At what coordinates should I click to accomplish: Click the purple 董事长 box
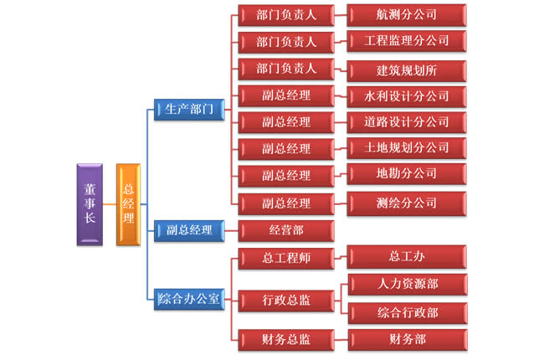coord(90,203)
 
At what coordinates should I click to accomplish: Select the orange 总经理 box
coord(128,203)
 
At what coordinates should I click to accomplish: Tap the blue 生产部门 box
coord(189,109)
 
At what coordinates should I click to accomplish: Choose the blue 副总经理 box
coord(189,229)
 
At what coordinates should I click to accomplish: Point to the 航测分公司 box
coord(407,14)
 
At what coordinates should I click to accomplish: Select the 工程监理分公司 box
coord(407,40)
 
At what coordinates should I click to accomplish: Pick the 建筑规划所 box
coord(407,69)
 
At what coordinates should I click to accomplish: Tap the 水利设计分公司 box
coord(407,95)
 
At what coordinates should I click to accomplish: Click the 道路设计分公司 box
coord(407,121)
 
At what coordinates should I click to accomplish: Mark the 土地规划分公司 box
coord(407,147)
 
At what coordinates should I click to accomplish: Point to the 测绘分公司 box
coord(407,202)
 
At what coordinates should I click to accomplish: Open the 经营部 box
coord(285,229)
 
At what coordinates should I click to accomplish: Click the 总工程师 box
coord(285,257)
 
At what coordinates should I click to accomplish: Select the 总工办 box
coord(407,255)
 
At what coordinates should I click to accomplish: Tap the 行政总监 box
coord(285,299)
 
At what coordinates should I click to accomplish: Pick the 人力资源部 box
coord(407,284)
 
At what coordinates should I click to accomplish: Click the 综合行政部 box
coord(407,312)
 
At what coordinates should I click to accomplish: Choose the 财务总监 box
coord(285,339)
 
